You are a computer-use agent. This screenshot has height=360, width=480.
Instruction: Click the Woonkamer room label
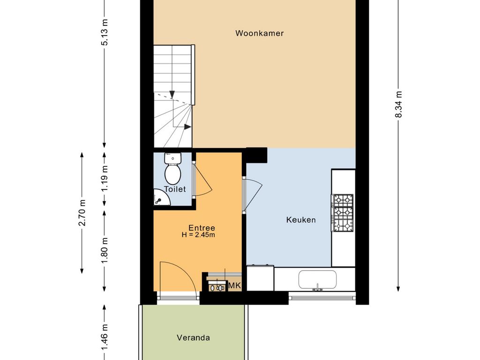[259, 33]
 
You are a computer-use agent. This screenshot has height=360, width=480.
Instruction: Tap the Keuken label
[301, 219]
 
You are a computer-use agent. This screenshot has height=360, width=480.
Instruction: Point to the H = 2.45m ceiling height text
[198, 235]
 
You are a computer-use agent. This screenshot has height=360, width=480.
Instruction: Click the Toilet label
[175, 189]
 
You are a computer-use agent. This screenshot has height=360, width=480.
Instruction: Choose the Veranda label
[193, 337]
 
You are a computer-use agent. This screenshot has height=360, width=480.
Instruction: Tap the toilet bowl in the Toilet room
[172, 173]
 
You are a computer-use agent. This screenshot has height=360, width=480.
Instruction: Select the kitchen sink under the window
[317, 280]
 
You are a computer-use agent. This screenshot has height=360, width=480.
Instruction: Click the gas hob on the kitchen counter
[342, 213]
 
